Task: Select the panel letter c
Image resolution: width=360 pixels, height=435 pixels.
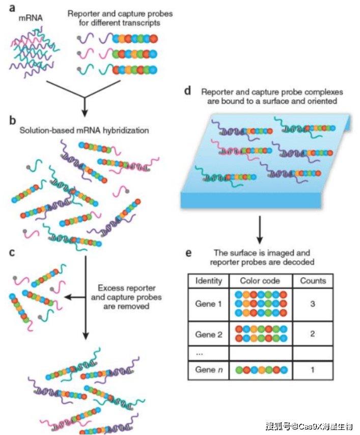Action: [x=12, y=252]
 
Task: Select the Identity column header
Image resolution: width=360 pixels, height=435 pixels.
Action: [x=209, y=280]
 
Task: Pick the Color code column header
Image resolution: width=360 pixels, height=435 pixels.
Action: [x=261, y=280]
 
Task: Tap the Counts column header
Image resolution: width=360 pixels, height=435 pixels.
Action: [x=313, y=280]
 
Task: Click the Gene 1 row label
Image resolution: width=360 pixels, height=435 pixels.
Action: [x=209, y=304]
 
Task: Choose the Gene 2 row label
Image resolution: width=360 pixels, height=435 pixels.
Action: [x=209, y=334]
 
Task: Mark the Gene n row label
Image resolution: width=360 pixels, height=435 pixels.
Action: [x=209, y=369]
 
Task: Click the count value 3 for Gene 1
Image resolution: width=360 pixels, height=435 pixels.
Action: [x=313, y=304]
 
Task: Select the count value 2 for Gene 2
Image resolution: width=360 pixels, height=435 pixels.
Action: [x=313, y=334]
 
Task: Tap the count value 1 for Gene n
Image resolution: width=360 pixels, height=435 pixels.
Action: [x=313, y=369]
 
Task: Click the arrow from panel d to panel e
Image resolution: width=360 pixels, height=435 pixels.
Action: [x=260, y=228]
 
